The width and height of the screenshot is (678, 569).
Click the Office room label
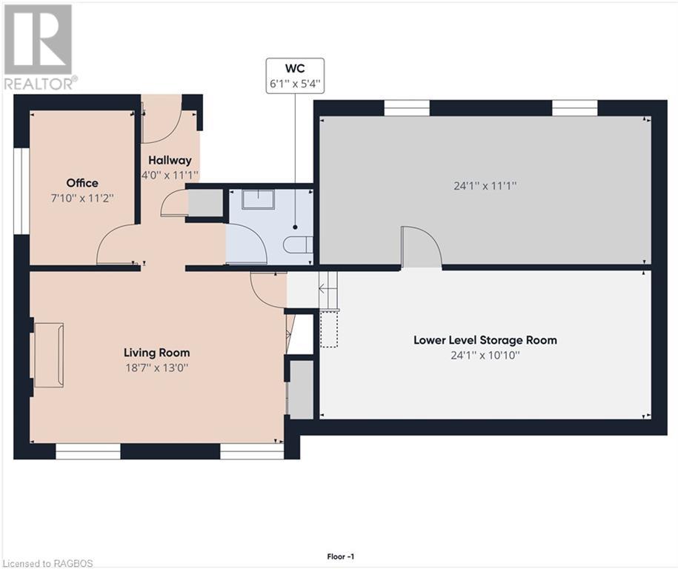click(x=82, y=183)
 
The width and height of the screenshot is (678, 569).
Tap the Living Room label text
click(x=156, y=353)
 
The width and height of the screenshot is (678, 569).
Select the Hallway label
click(x=170, y=160)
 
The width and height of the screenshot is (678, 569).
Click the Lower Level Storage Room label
click(x=485, y=340)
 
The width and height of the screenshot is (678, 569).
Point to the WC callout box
click(x=295, y=76)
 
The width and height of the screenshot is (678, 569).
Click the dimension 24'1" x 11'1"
click(x=485, y=187)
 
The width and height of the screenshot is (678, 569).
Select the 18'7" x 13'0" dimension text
click(x=156, y=367)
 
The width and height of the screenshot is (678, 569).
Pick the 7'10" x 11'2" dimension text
click(x=82, y=198)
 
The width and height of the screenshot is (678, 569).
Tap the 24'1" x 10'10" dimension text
click(x=485, y=355)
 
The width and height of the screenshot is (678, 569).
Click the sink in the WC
click(x=258, y=199)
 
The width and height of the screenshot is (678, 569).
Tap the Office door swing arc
click(x=116, y=246)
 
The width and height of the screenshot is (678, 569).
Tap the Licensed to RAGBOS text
click(x=47, y=562)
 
